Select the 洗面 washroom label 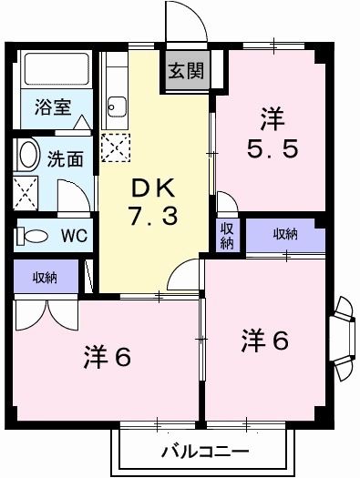pyautogui.click(x=66, y=158)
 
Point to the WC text pyautogui.click(x=73, y=236)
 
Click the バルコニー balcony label pyautogui.click(x=204, y=450)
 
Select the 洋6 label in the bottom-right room pyautogui.click(x=265, y=341)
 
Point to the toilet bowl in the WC pyautogui.click(x=34, y=236)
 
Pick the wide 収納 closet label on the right pyautogui.click(x=285, y=235)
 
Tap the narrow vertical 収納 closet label pyautogui.click(x=227, y=235)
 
